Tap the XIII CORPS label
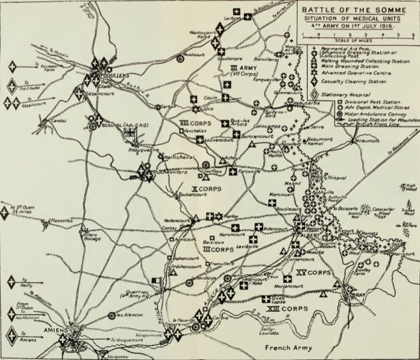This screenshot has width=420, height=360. coord(291,308)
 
